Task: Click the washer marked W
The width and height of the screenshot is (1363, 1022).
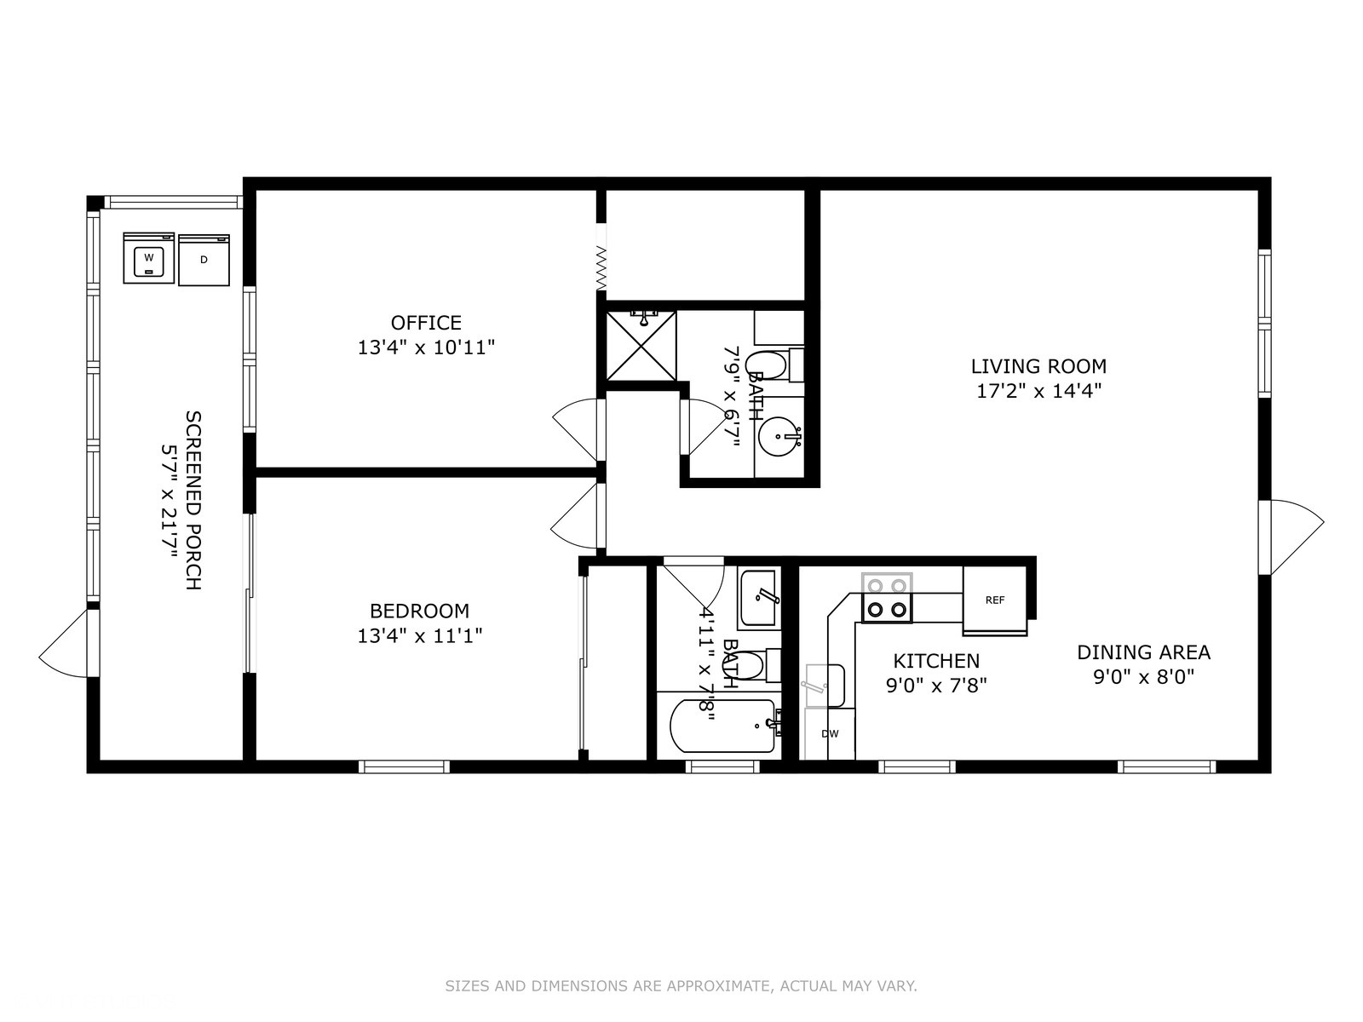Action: (148, 257)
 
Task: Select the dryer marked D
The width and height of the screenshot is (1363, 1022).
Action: (204, 260)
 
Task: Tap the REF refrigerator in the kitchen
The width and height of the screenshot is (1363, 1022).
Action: (995, 600)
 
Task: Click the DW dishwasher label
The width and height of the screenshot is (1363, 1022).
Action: (830, 733)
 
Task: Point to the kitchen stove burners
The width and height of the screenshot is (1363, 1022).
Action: (887, 598)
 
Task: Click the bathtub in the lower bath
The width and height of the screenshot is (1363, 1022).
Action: (723, 726)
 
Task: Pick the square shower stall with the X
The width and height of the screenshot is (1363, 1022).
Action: (641, 345)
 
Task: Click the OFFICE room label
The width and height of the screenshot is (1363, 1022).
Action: (426, 323)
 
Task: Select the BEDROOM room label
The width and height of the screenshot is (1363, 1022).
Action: (419, 611)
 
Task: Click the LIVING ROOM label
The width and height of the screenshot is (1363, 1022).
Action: (1038, 367)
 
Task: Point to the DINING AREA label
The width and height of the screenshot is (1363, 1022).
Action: (1144, 652)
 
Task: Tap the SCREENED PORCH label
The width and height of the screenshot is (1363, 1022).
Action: (193, 500)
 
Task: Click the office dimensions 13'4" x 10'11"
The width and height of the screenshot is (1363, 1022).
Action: (426, 347)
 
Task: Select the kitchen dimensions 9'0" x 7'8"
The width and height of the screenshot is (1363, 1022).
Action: (936, 686)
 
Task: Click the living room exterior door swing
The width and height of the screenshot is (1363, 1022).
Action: (1291, 537)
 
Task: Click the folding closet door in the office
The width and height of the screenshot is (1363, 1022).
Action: (601, 267)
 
